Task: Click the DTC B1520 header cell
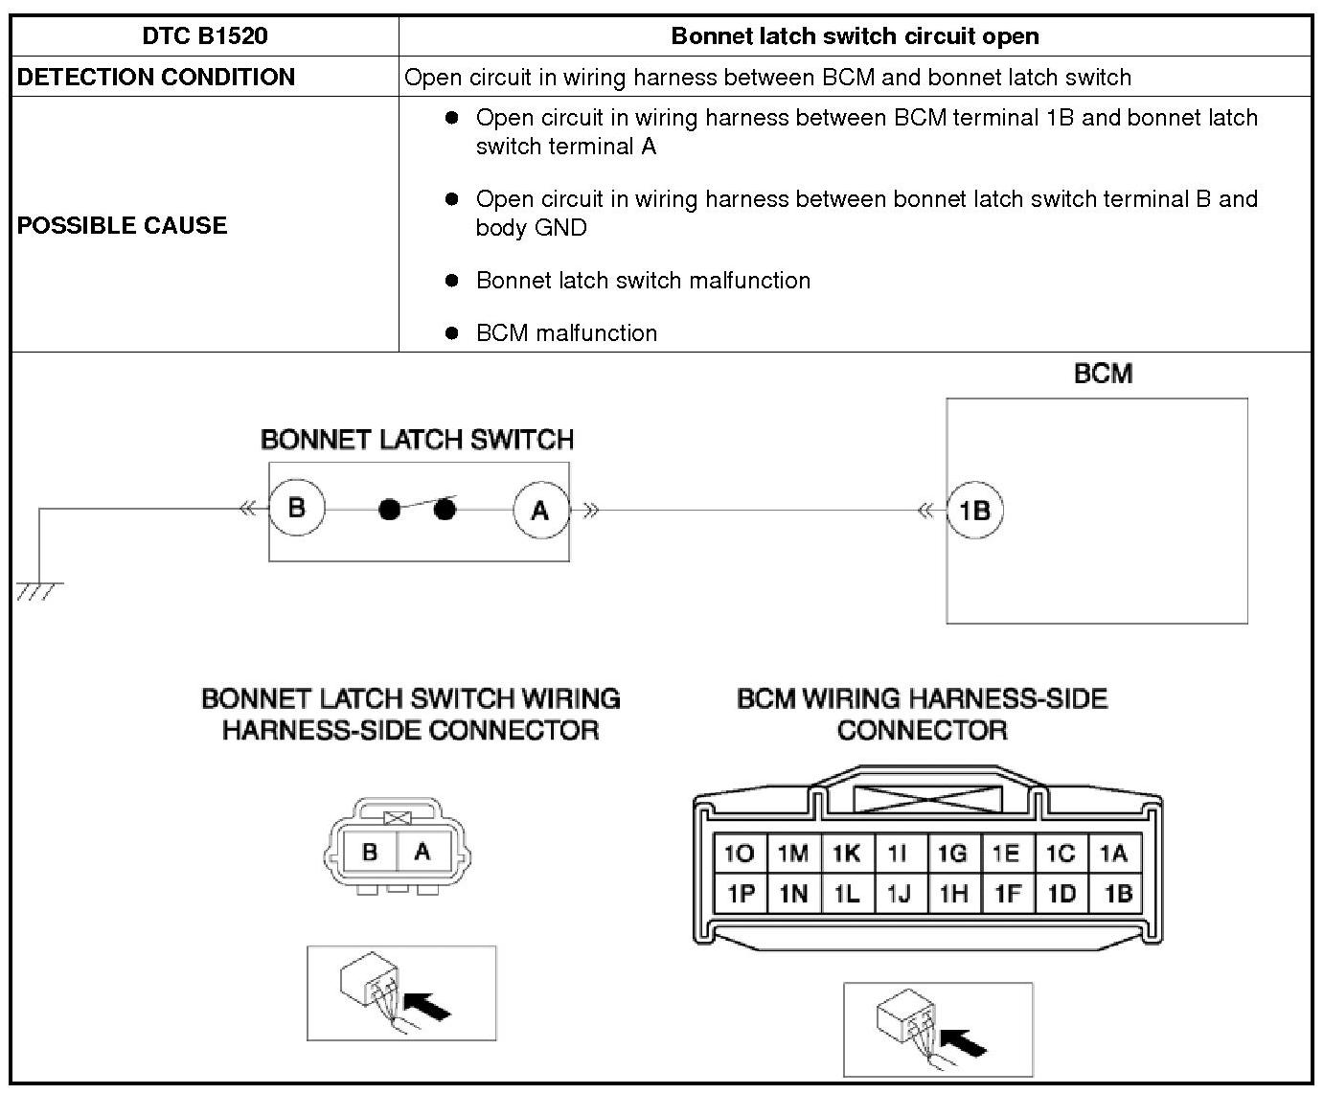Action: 204,36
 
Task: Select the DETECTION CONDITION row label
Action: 156,77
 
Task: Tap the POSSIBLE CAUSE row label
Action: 123,225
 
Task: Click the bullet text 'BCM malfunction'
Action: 566,333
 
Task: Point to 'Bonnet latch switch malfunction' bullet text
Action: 643,281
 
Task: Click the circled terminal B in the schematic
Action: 296,508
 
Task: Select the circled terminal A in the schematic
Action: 540,510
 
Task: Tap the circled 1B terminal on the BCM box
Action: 974,510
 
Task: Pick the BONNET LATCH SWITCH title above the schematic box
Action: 417,440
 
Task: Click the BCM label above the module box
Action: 1103,374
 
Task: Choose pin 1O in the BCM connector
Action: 740,854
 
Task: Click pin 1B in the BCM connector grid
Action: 1118,894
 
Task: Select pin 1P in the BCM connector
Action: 740,894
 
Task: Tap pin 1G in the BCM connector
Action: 952,854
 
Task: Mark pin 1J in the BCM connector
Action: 899,894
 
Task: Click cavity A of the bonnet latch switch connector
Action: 422,852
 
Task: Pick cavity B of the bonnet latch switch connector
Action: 370,852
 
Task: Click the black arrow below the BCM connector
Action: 964,1041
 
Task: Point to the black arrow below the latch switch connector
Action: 427,1006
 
